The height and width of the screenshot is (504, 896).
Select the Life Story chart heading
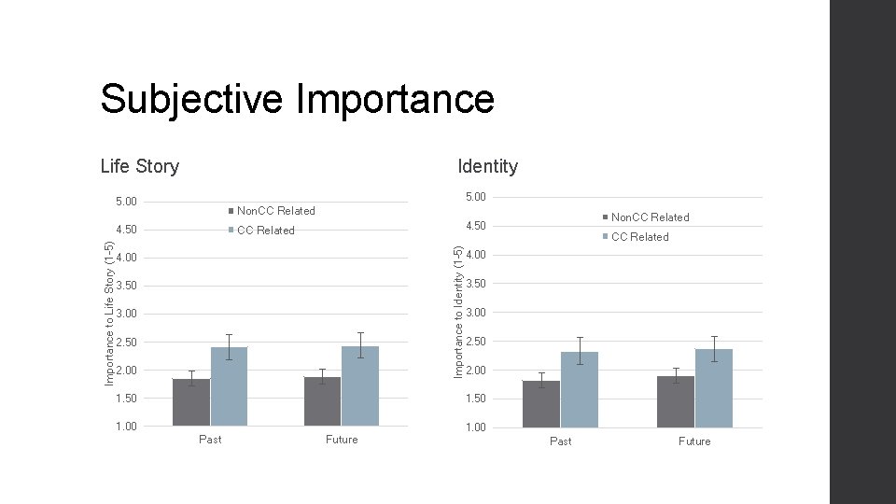click(140, 166)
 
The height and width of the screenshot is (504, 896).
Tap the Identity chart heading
click(487, 166)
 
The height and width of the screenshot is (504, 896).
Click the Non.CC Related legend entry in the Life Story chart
click(275, 211)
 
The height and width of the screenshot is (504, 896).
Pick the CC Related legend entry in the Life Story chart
click(265, 231)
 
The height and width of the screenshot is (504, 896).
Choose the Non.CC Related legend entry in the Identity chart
click(650, 217)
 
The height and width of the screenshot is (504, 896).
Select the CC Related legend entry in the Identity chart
click(639, 237)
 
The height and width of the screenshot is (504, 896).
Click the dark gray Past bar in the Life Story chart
click(191, 402)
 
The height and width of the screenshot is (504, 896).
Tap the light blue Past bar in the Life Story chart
click(230, 387)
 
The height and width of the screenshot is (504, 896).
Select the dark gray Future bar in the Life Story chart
click(322, 401)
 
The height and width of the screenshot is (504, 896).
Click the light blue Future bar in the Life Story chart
click(360, 386)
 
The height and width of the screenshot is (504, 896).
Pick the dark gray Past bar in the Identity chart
click(541, 404)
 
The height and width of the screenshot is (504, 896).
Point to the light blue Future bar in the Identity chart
click(714, 388)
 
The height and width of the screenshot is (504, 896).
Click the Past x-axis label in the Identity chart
click(560, 441)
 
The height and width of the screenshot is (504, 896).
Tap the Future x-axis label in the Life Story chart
click(342, 440)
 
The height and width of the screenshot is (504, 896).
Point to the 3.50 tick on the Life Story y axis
click(125, 286)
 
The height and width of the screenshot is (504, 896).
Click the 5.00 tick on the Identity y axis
click(475, 197)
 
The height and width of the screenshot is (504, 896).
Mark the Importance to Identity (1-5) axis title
click(457, 312)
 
